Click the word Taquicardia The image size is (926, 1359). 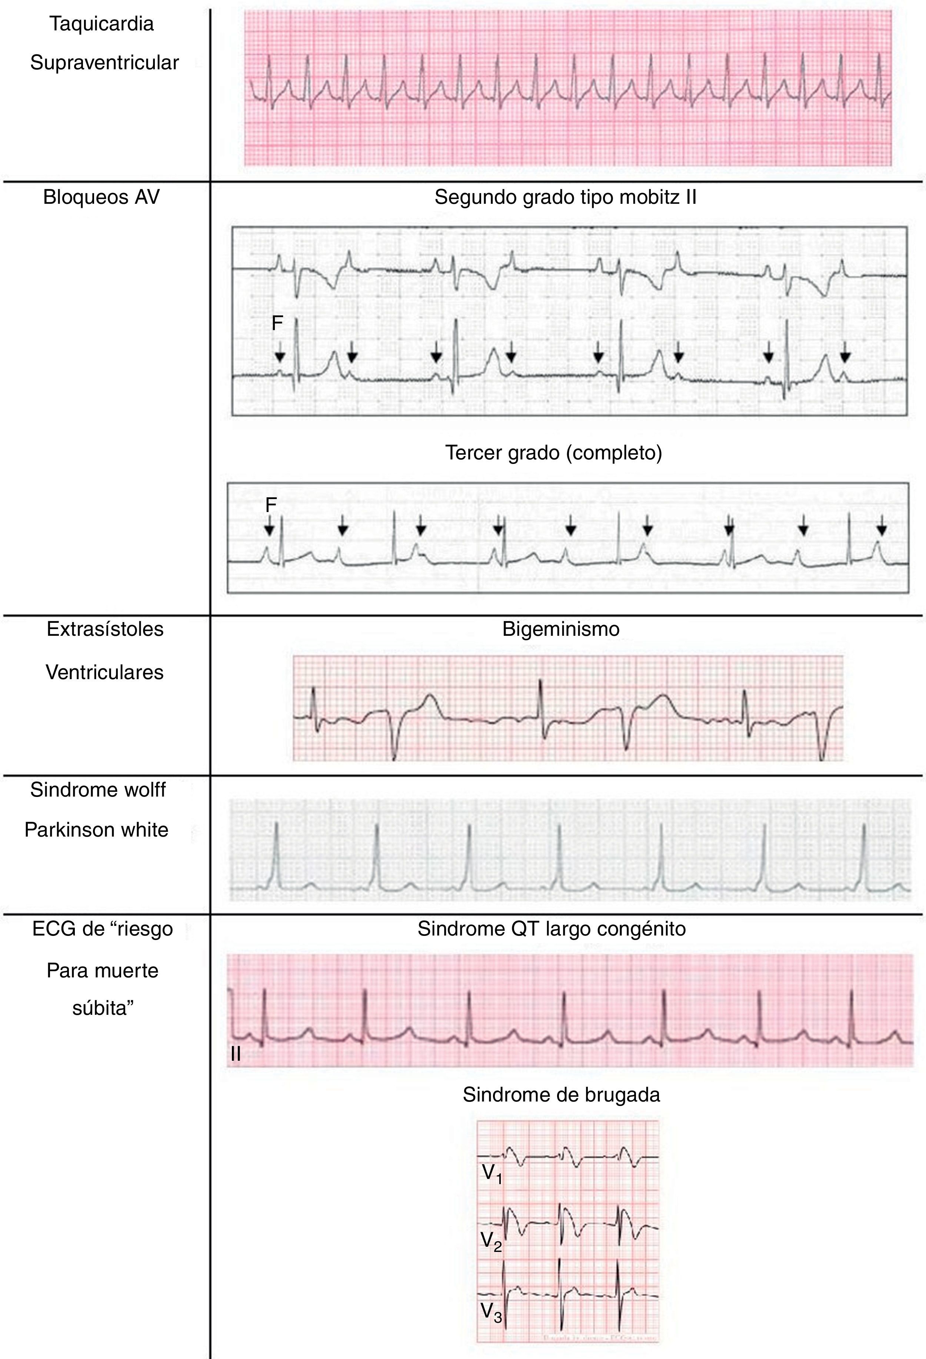pos(102,24)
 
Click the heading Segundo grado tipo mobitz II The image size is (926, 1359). pos(565,197)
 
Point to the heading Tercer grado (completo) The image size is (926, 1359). pos(554,453)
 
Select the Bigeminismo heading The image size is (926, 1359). pos(561,629)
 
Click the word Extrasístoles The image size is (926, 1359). pos(105,629)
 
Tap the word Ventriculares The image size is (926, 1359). pos(105,672)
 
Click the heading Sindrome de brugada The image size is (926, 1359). pos(561,1095)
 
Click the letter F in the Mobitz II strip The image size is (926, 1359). pos(277,323)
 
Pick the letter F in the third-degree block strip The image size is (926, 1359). pos(271,504)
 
